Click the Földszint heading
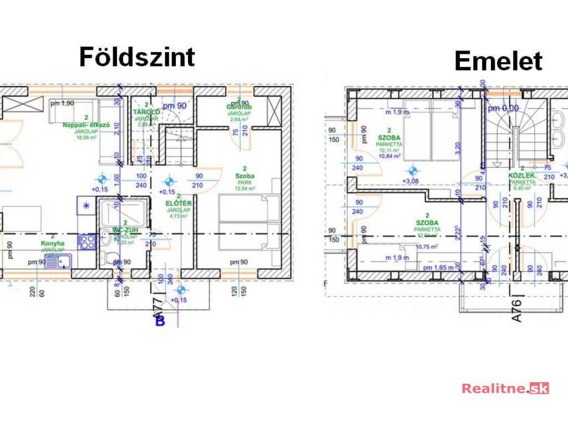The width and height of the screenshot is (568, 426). click(137, 57)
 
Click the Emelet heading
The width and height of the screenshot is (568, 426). click(498, 61)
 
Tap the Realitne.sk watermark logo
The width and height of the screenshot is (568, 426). click(505, 388)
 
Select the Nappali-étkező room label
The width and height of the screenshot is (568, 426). click(87, 125)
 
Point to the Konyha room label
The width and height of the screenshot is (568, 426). click(53, 243)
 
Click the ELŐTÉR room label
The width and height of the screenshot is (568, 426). click(179, 203)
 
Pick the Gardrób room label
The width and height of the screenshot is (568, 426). click(239, 106)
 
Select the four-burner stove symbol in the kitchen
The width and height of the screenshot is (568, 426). click(87, 240)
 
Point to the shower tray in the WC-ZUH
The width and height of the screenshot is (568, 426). click(123, 211)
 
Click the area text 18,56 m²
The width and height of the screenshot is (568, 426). click(87, 138)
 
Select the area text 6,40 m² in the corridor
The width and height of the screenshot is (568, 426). click(523, 187)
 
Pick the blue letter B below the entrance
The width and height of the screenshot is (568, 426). click(160, 322)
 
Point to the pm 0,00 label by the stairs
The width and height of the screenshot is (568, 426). click(503, 109)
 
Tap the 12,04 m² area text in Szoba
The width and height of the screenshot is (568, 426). click(244, 189)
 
